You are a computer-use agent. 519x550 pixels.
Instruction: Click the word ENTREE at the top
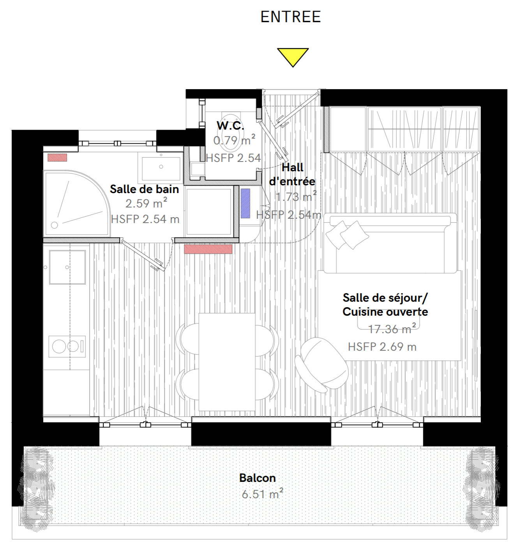pos(291,17)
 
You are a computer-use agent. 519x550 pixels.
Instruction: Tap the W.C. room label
pos(230,125)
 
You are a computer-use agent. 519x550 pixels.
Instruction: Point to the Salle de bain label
pos(144,189)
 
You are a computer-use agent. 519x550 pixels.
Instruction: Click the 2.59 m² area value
pos(146,203)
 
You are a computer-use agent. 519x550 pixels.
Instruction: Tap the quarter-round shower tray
pos(76,203)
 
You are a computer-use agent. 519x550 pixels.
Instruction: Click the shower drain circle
pos(55,225)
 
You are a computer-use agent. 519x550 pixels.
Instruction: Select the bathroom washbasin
pos(161,168)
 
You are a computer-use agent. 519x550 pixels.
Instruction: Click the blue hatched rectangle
pos(245,203)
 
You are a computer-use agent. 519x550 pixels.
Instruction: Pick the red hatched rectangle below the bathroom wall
pos(208,249)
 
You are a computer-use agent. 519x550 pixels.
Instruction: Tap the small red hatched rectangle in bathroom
pos(57,157)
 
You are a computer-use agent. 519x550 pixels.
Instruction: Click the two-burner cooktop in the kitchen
pos(67,346)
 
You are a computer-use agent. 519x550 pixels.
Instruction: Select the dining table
pos(227,362)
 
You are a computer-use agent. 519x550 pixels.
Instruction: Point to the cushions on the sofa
pos(347,235)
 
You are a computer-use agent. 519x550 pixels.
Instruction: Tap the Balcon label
pos(257,478)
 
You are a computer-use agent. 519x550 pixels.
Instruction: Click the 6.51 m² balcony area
pos(262,494)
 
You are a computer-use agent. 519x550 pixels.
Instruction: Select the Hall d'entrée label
pos(292,174)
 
